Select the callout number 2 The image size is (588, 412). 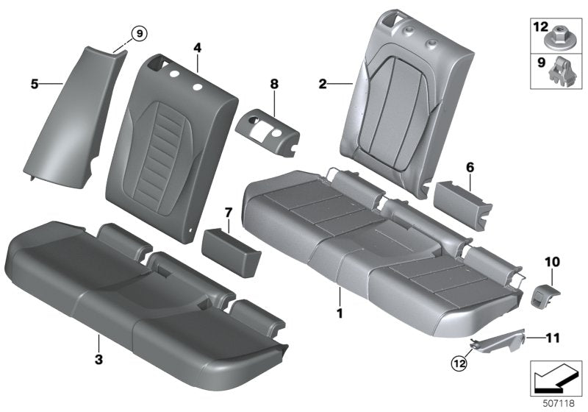tap(323, 85)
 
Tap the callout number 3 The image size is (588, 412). tap(98, 340)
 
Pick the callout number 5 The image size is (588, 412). tap(35, 85)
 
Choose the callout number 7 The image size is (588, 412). tap(228, 213)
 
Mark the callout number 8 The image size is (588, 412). tap(273, 85)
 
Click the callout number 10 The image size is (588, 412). tap(551, 261)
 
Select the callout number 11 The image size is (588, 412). tap(553, 338)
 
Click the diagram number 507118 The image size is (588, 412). tap(557, 401)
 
